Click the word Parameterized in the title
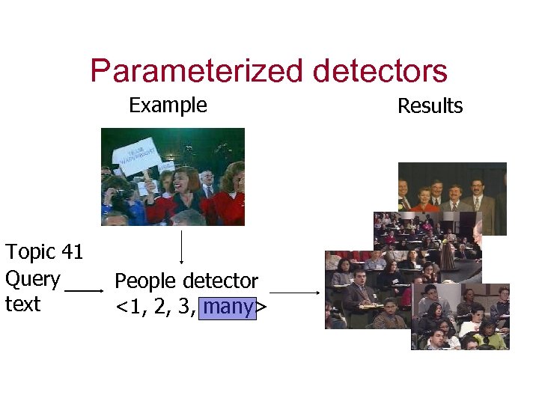197,71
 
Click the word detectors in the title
380,71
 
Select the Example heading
168,105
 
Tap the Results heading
430,106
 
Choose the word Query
32,279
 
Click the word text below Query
22,304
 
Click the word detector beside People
221,281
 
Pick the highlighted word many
228,307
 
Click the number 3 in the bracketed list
183,307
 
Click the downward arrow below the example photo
183,247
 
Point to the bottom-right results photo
460,318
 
